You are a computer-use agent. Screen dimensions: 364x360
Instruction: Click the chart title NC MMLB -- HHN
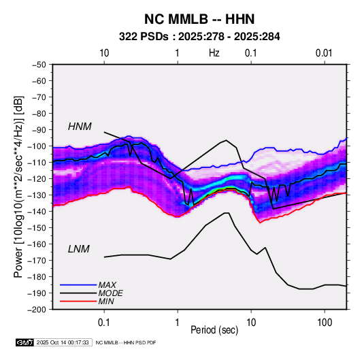(199, 19)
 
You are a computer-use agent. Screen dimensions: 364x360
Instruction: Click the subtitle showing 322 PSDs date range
(199, 37)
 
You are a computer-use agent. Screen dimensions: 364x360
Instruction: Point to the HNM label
(80, 127)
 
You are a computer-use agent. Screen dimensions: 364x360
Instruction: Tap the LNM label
(79, 249)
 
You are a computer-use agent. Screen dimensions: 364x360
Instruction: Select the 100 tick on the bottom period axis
(325, 323)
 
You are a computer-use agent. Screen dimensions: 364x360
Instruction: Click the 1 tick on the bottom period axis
(178, 323)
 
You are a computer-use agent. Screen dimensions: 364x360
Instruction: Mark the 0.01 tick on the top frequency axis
(324, 53)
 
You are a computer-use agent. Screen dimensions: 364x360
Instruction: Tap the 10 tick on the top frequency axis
(104, 53)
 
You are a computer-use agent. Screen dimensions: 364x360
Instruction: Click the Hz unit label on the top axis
(214, 53)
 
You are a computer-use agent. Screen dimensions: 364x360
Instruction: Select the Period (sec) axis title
(214, 330)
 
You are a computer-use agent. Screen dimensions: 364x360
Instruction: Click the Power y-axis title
(18, 186)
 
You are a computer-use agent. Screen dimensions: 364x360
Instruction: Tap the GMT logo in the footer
(25, 342)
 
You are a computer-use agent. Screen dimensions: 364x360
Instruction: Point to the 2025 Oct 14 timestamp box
(63, 342)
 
